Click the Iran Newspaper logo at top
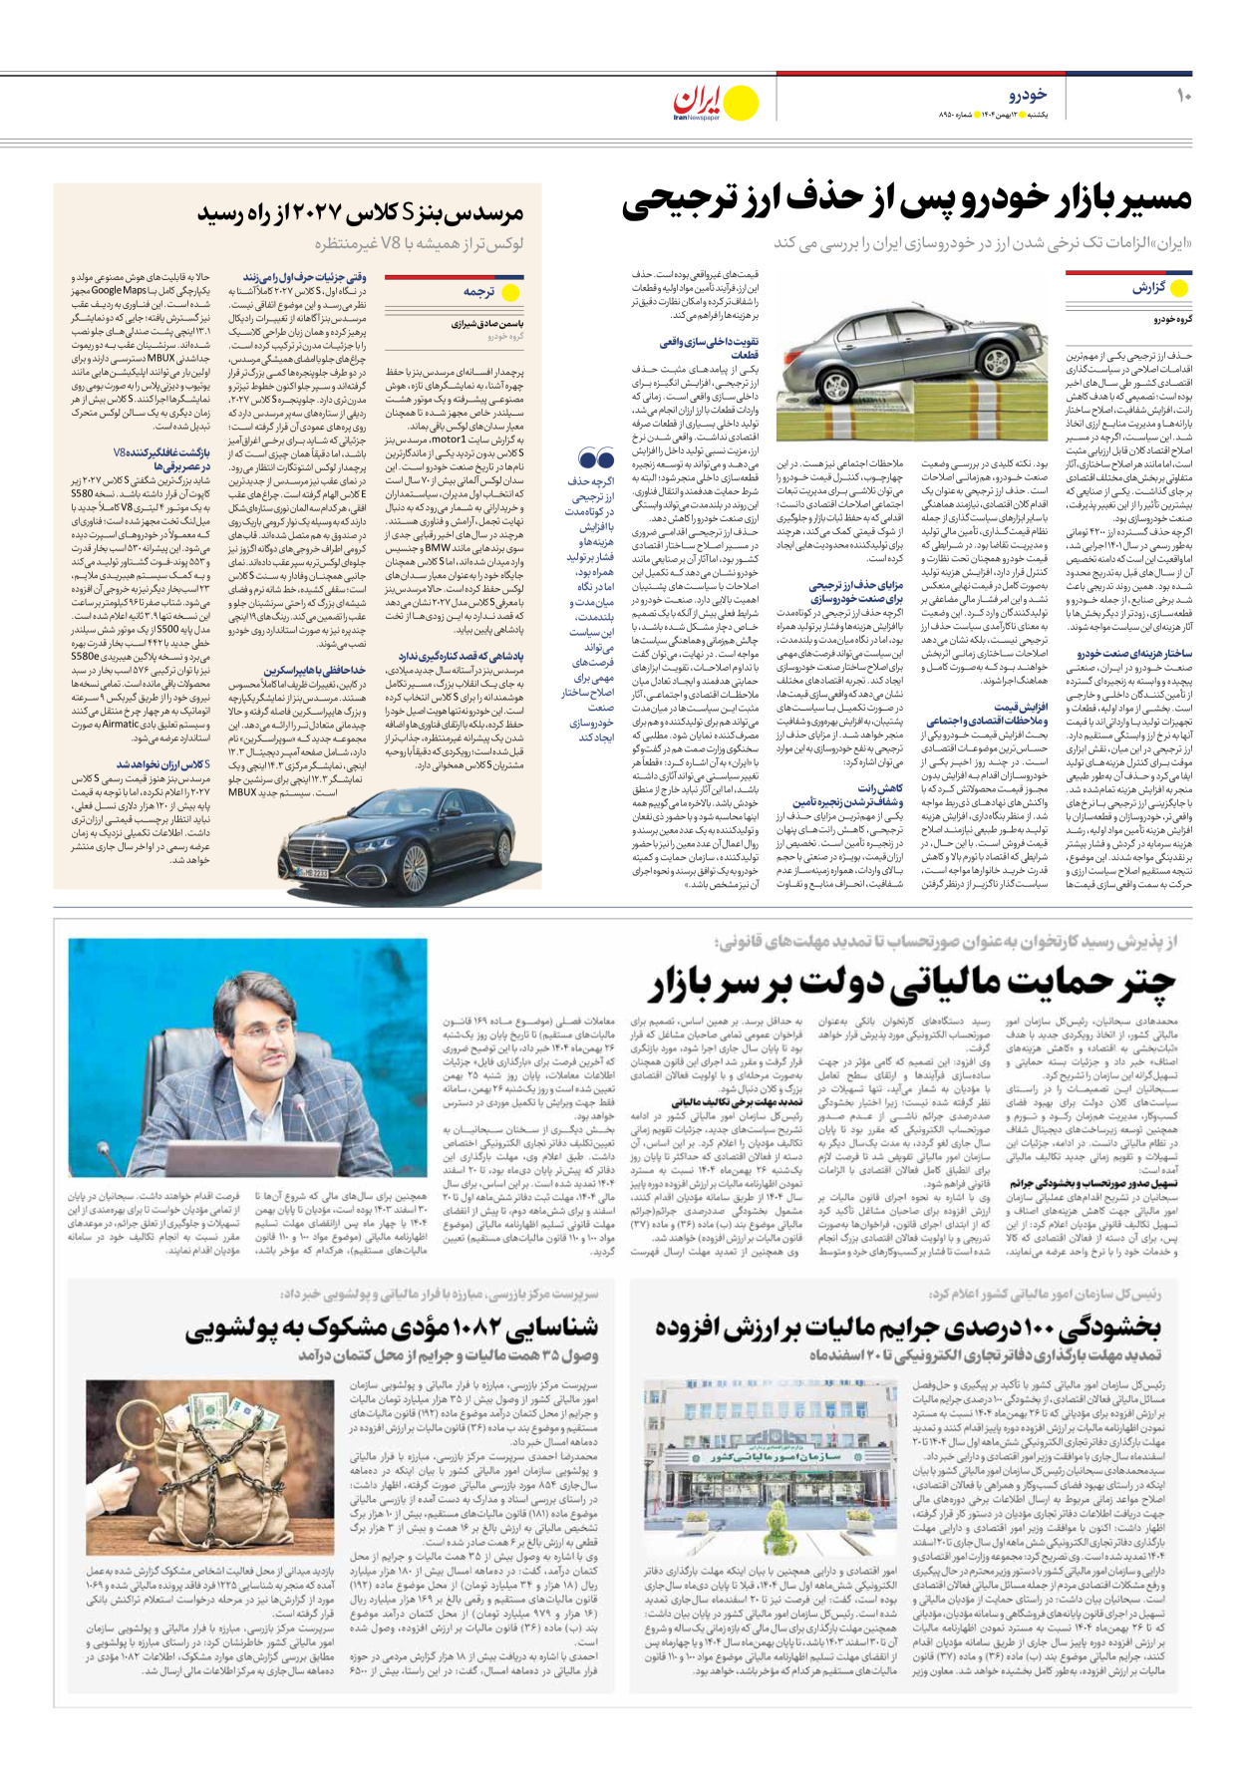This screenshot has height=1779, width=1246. point(714,103)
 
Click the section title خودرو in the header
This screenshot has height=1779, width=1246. point(1028,94)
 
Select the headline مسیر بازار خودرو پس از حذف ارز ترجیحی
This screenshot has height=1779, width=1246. point(906,200)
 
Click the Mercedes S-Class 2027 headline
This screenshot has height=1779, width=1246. point(360,212)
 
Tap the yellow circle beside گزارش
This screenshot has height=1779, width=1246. point(1179,288)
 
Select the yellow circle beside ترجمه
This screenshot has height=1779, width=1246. point(510,293)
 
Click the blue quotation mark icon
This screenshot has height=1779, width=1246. point(596,459)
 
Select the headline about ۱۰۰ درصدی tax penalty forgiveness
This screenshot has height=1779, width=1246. point(908,1328)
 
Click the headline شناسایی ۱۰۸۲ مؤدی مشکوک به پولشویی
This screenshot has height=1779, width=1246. point(392,1329)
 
